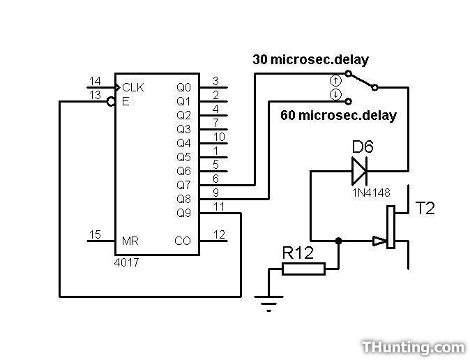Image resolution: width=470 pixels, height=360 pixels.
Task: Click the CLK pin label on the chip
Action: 133,87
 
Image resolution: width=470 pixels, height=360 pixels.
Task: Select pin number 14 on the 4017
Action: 95,81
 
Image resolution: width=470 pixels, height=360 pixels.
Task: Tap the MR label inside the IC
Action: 130,241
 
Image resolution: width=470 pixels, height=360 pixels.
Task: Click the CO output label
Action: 182,241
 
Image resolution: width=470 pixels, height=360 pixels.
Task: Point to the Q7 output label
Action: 183,185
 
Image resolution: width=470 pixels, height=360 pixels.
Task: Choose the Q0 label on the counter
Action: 183,87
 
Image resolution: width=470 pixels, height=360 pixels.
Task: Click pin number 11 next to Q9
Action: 218,207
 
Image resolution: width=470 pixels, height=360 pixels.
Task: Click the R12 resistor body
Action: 303,268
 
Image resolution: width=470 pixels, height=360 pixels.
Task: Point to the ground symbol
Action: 269,302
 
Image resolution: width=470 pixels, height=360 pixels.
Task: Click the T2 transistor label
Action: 425,208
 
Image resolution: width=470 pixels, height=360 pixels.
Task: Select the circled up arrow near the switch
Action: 335,81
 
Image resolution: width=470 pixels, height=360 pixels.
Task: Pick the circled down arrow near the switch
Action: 335,93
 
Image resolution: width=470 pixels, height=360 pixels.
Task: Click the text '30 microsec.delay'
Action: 310,60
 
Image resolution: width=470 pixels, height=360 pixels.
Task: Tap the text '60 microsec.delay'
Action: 338,115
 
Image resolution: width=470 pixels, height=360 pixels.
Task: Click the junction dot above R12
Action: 339,241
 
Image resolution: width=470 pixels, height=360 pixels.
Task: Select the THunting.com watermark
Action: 413,346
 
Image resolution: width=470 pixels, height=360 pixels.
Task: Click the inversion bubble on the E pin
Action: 111,102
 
